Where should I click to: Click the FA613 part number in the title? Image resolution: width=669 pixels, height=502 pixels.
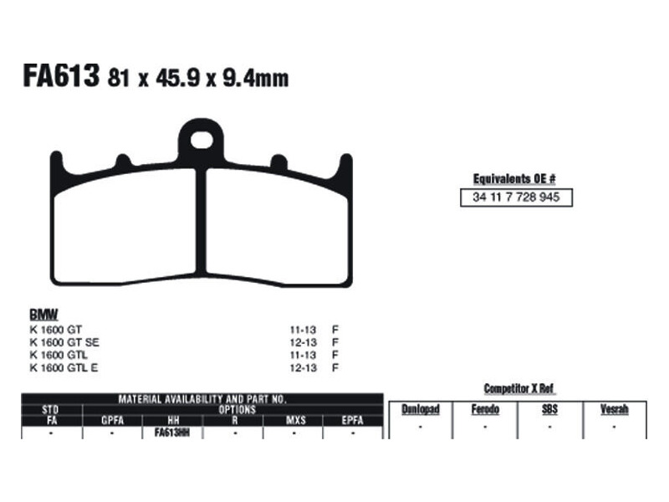pyautogui.click(x=61, y=75)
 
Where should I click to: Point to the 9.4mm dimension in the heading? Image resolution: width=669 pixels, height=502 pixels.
pyautogui.click(x=255, y=79)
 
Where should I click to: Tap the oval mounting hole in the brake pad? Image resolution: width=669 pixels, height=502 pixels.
pyautogui.click(x=202, y=140)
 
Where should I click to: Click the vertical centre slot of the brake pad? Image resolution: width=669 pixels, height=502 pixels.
pyautogui.click(x=201, y=222)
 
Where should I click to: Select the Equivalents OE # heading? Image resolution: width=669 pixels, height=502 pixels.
pyautogui.click(x=514, y=179)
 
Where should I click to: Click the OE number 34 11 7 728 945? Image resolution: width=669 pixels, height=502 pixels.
pyautogui.click(x=516, y=197)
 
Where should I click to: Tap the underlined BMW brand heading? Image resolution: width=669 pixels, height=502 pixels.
pyautogui.click(x=43, y=315)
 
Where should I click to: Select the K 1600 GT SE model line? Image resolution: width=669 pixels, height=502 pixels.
pyautogui.click(x=64, y=342)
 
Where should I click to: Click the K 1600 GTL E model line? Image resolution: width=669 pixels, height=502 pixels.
pyautogui.click(x=64, y=367)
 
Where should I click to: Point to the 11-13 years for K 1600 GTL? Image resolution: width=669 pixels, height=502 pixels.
pyautogui.click(x=303, y=355)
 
